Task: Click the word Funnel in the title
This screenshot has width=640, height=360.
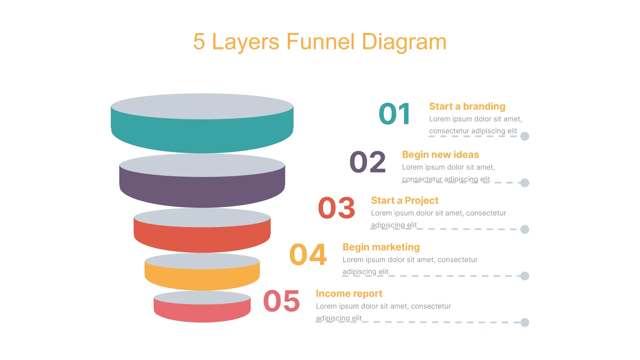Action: click(320, 42)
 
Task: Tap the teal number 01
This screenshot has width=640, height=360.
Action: click(395, 114)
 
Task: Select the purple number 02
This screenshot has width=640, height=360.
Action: click(368, 162)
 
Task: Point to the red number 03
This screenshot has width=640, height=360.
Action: click(337, 208)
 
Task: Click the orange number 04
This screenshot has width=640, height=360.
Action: click(308, 255)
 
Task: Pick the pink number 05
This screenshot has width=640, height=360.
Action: click(282, 301)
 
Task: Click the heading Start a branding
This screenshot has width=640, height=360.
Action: click(467, 106)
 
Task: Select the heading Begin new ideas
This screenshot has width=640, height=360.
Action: click(440, 155)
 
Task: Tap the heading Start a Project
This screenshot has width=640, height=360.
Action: click(405, 200)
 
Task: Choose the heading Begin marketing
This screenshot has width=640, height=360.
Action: click(381, 247)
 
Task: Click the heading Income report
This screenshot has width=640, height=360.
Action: click(349, 294)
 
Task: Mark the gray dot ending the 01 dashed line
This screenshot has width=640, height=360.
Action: click(525, 136)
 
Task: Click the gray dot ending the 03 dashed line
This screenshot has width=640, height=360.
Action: click(525, 229)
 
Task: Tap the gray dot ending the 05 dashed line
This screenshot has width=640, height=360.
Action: click(525, 323)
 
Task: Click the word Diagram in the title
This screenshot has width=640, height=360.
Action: click(404, 42)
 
